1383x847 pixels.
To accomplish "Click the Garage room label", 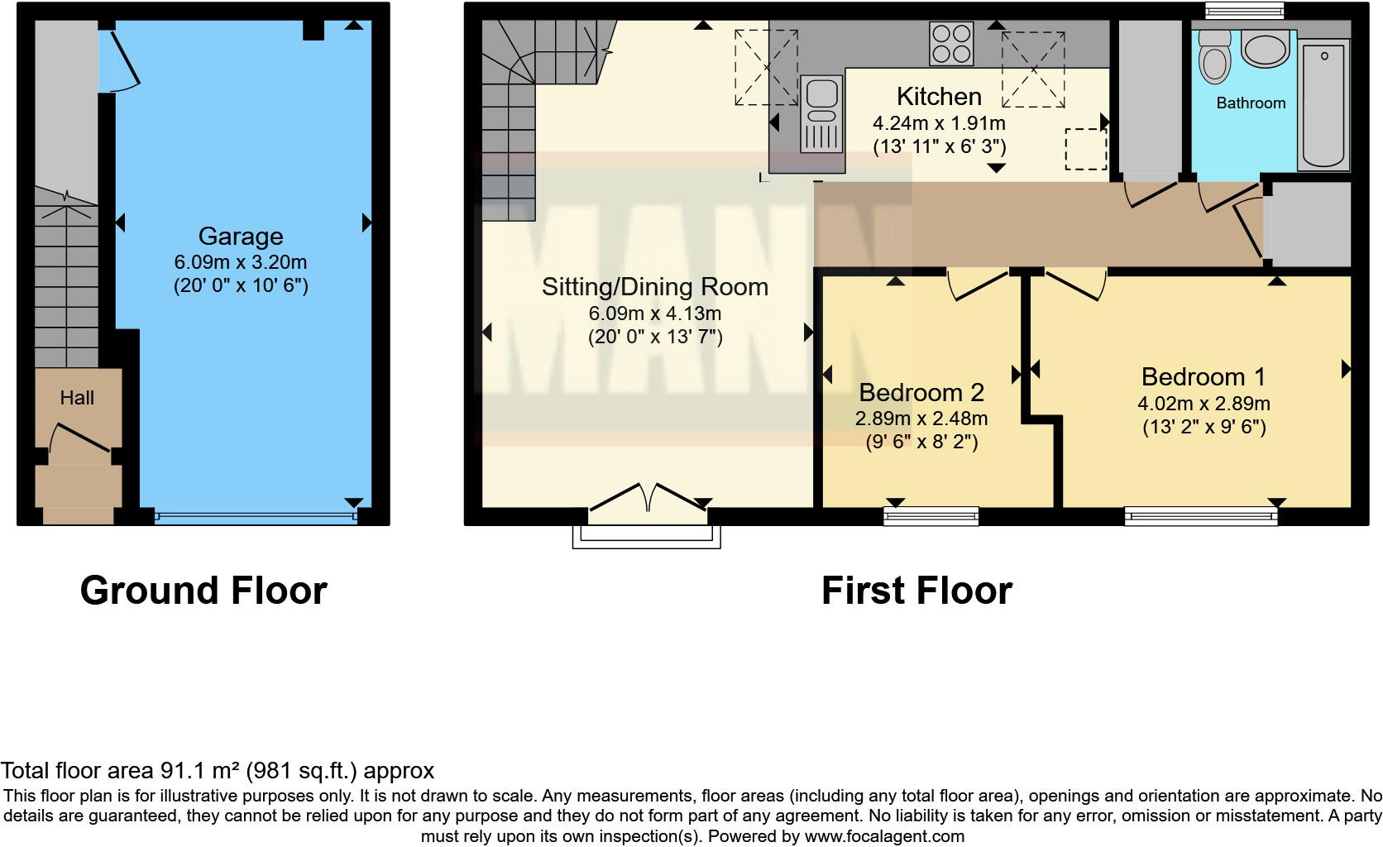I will [x=240, y=237].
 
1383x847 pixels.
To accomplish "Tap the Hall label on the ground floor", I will [x=77, y=398].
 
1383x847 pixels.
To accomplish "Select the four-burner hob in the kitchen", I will [x=951, y=44].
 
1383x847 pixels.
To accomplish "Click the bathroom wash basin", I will [x=1265, y=49].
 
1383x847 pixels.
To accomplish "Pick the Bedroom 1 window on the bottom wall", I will [x=1200, y=517].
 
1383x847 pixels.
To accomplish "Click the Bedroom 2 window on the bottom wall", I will [x=931, y=517].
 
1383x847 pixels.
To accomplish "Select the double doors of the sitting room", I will [x=648, y=500].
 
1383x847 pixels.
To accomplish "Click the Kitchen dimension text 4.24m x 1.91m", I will [x=939, y=124].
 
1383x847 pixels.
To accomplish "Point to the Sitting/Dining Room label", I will [x=654, y=287].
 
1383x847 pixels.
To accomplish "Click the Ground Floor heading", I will [x=203, y=591].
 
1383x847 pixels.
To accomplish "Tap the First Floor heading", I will [x=916, y=591].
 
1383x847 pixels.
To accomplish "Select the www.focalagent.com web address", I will [x=883, y=836].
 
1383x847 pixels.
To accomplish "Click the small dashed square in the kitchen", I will [x=1085, y=149].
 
